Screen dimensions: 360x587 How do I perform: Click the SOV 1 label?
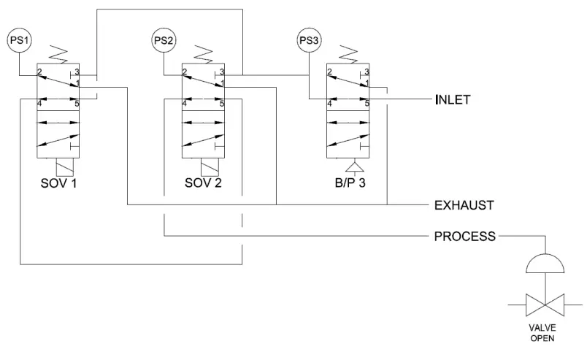click(x=58, y=182)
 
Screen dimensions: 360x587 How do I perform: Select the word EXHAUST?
click(x=466, y=205)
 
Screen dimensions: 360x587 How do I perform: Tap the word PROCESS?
click(x=466, y=236)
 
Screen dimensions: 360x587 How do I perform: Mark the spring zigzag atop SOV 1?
click(x=58, y=53)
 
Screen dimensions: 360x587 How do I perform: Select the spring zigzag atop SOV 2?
click(x=202, y=53)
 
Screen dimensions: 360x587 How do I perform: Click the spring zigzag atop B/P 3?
click(x=348, y=53)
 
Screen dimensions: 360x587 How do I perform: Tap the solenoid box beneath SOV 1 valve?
click(x=58, y=166)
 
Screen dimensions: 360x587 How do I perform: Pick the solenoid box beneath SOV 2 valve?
click(x=202, y=166)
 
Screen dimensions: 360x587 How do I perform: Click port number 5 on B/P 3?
click(x=367, y=104)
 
